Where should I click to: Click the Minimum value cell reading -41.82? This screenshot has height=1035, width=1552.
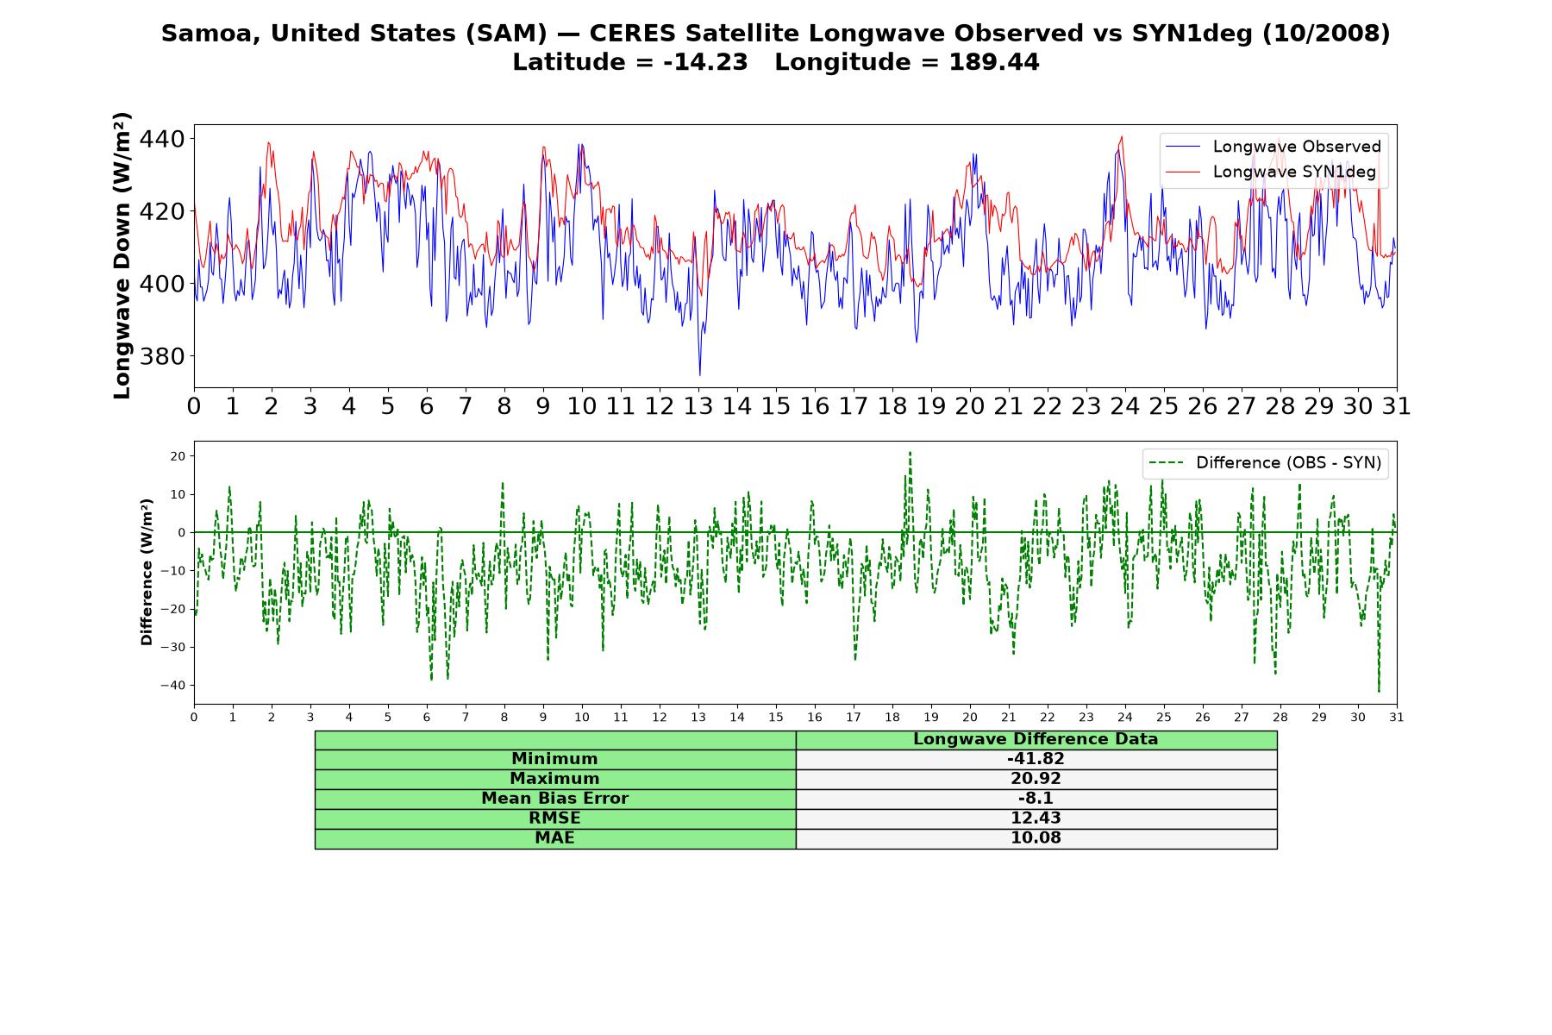(1036, 759)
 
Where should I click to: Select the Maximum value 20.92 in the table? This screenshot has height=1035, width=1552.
(1036, 779)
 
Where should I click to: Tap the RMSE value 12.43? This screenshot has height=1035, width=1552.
(1036, 819)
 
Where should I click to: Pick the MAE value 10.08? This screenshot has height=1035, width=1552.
(1036, 838)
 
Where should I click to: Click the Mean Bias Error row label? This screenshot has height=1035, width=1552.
(554, 799)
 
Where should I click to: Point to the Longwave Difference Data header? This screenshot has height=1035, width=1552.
(1036, 739)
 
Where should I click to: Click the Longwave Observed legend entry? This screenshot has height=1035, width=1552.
(1274, 147)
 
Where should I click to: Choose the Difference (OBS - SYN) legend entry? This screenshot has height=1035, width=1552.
(1265, 463)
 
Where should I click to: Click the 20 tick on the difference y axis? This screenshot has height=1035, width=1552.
(178, 456)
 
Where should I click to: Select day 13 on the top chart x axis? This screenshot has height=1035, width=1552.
(698, 406)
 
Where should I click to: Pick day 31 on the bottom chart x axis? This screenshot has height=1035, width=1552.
(1397, 718)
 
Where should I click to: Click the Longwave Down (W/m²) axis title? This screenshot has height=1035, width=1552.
(122, 255)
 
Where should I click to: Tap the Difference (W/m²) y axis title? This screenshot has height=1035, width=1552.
(147, 573)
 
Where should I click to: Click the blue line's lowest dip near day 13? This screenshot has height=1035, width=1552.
(699, 374)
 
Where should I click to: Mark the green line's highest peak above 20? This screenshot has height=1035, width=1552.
(910, 453)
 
